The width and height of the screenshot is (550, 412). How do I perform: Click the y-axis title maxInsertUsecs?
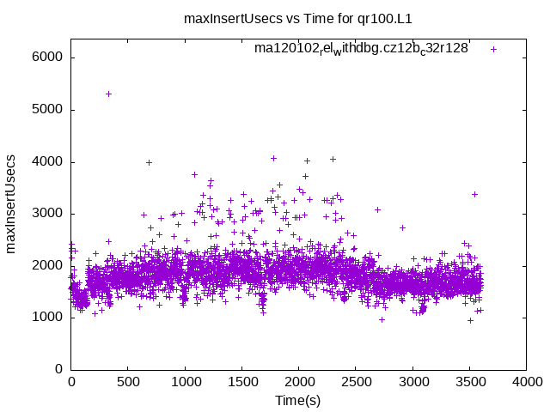[11, 202]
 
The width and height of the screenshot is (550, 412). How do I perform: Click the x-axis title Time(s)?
[298, 400]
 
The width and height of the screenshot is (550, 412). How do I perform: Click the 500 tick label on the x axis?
[127, 382]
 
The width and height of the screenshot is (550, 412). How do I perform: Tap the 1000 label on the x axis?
[185, 382]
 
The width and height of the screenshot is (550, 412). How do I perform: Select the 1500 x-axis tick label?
[241, 382]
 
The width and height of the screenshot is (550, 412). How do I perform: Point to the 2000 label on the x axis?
[298, 382]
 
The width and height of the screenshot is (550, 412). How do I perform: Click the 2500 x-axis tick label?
[356, 382]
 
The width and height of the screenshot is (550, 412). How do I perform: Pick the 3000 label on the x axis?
[412, 382]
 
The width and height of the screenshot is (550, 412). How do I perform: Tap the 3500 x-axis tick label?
[469, 382]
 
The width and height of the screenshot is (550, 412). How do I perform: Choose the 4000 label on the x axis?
[527, 382]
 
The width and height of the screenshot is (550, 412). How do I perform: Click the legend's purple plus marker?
[493, 49]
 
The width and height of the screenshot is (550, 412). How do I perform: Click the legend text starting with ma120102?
[361, 49]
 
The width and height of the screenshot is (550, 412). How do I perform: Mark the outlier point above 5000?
[108, 94]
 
